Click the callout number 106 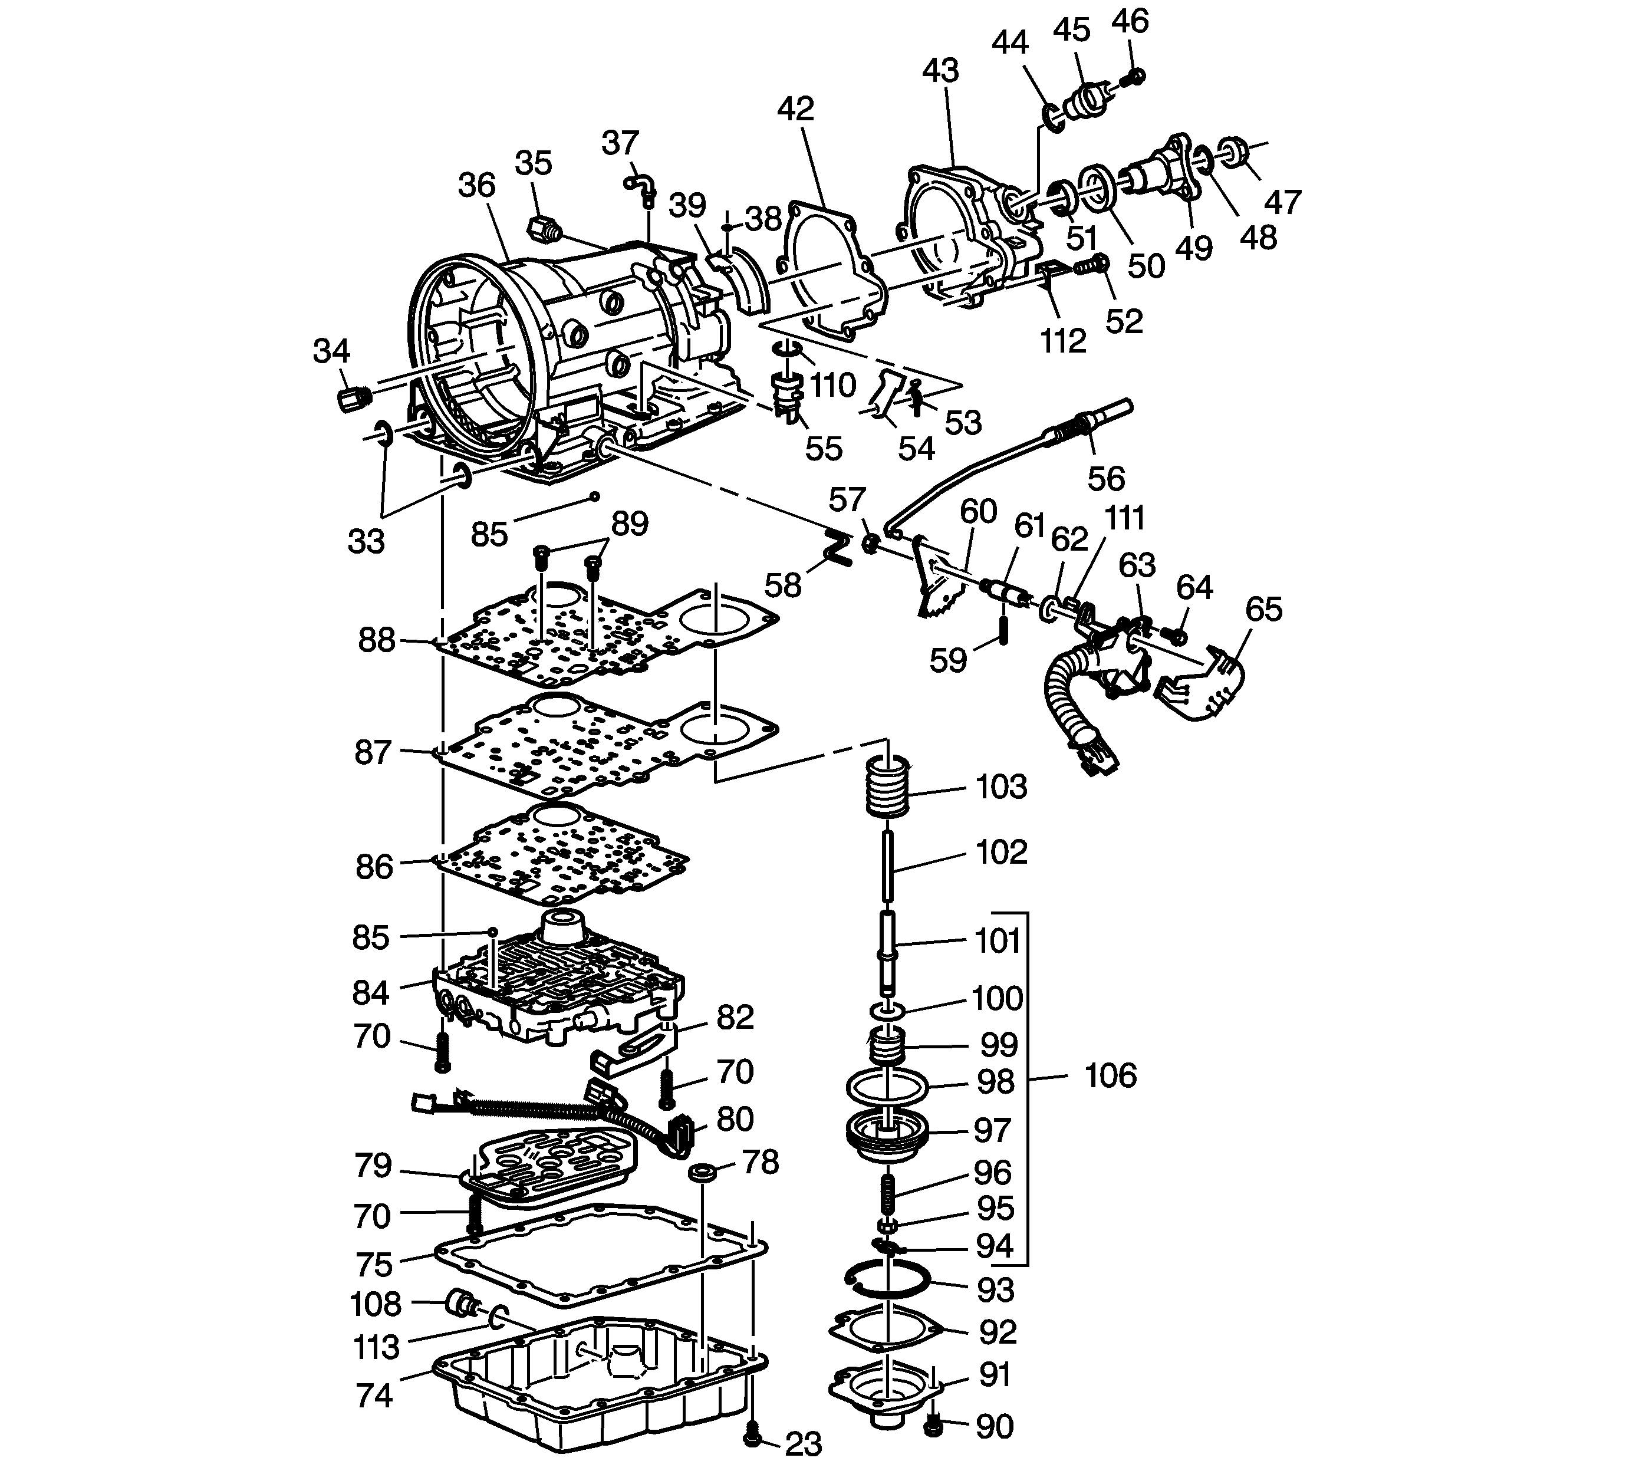point(1110,1076)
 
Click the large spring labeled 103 point(887,787)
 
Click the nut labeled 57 point(870,543)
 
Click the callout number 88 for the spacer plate point(377,641)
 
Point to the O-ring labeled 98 point(887,1086)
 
